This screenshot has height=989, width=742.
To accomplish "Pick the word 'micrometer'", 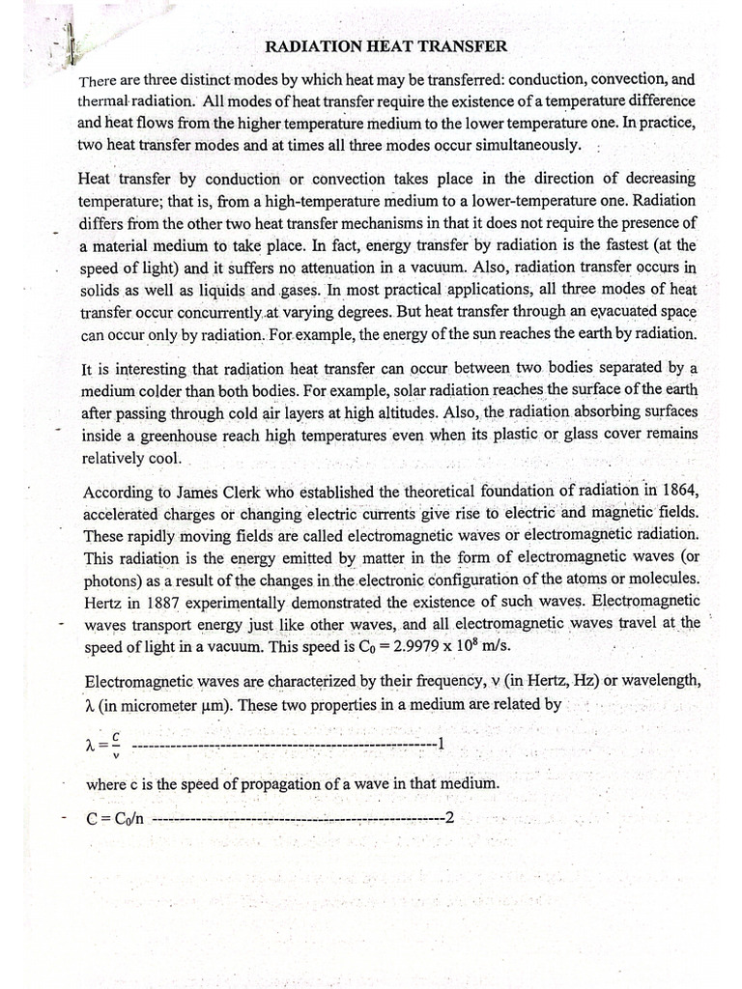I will point(175,704).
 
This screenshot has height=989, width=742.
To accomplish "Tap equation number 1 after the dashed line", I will point(440,744).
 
